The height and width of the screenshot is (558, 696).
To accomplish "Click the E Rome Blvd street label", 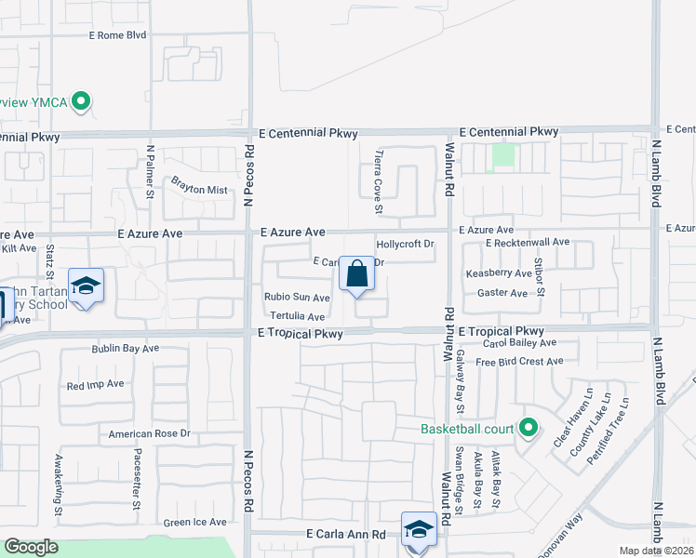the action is [x=118, y=35].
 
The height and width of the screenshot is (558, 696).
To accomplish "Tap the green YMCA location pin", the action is [x=81, y=101].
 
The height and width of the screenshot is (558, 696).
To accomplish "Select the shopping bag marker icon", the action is [x=356, y=274].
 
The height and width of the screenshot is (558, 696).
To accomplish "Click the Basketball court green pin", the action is [x=529, y=429].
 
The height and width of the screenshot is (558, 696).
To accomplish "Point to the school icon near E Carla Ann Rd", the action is [x=418, y=529].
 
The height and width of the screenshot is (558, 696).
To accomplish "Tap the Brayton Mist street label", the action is [x=197, y=190].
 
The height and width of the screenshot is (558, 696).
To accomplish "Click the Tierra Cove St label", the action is [x=378, y=182].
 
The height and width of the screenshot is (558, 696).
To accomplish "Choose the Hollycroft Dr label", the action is [x=405, y=245].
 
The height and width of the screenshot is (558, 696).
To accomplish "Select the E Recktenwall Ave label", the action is [x=527, y=242].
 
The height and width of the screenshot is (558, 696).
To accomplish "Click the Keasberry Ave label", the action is [x=498, y=273].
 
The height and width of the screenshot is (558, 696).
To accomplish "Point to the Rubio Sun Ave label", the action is [x=297, y=298].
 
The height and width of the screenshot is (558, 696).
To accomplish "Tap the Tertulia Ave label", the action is [x=297, y=317].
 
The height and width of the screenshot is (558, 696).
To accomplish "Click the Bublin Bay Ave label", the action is [x=126, y=349].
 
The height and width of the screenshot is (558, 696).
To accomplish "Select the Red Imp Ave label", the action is [x=96, y=383].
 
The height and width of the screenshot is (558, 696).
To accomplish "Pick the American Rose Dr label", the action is [x=149, y=433].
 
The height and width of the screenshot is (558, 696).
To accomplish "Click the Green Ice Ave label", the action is [x=195, y=523].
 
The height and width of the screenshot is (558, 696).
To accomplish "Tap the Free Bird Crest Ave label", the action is [x=519, y=362].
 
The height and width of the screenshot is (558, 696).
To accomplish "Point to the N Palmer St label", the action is [x=150, y=172].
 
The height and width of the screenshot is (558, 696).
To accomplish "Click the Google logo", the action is [x=31, y=547].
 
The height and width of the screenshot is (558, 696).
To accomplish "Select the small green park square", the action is [x=503, y=154].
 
